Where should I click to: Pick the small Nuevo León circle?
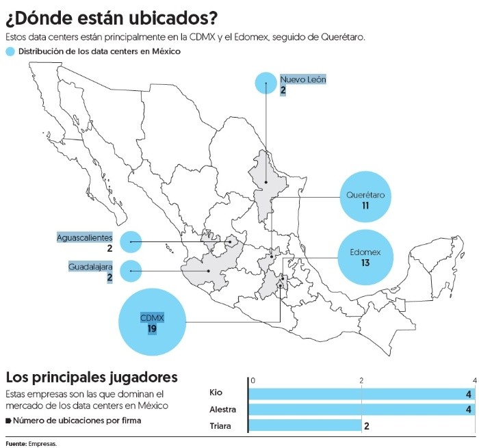tap(266, 83)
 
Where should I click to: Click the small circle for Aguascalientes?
tap(130, 242)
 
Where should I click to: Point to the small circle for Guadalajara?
tap(130, 272)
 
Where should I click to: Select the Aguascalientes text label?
tap(84, 237)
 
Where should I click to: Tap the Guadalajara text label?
tap(90, 266)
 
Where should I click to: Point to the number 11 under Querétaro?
tap(365, 206)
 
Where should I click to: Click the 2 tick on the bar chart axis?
tap(361, 380)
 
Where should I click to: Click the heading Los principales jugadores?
tap(92, 377)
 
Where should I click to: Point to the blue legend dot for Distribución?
tap(10, 52)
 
